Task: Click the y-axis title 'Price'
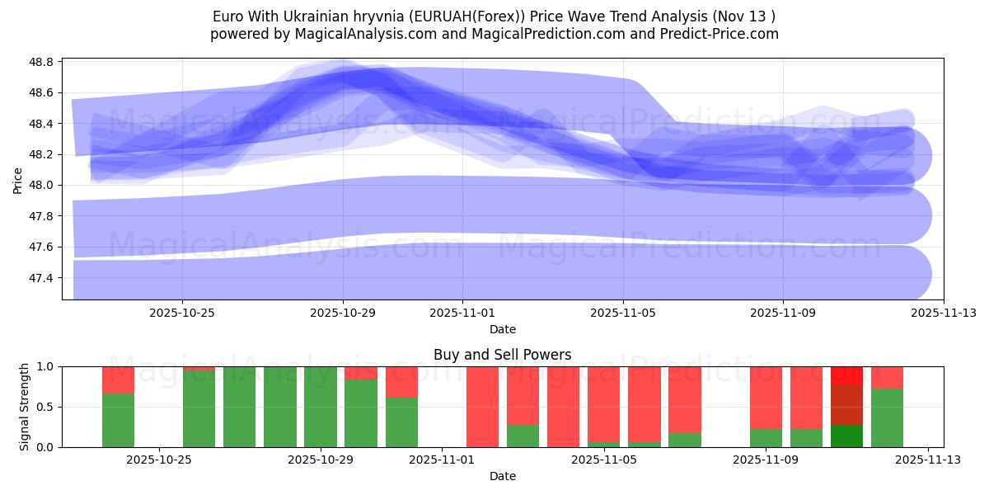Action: pos(18,180)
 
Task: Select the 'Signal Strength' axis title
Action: pos(25,407)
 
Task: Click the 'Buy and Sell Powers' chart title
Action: pos(502,355)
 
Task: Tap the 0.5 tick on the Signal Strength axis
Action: pos(45,407)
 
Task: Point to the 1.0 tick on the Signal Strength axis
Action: pos(45,366)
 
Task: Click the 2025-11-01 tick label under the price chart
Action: pos(462,313)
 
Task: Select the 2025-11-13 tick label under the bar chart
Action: pos(928,460)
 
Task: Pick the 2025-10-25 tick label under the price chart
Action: pos(182,313)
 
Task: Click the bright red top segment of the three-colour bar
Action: pos(846,375)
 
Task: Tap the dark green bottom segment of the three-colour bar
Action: pos(846,436)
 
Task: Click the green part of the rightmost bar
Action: pos(887,417)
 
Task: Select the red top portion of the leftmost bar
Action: pos(118,379)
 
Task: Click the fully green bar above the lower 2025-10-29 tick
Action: pos(320,407)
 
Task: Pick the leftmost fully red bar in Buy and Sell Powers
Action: pos(482,407)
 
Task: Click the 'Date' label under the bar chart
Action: pos(502,476)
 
